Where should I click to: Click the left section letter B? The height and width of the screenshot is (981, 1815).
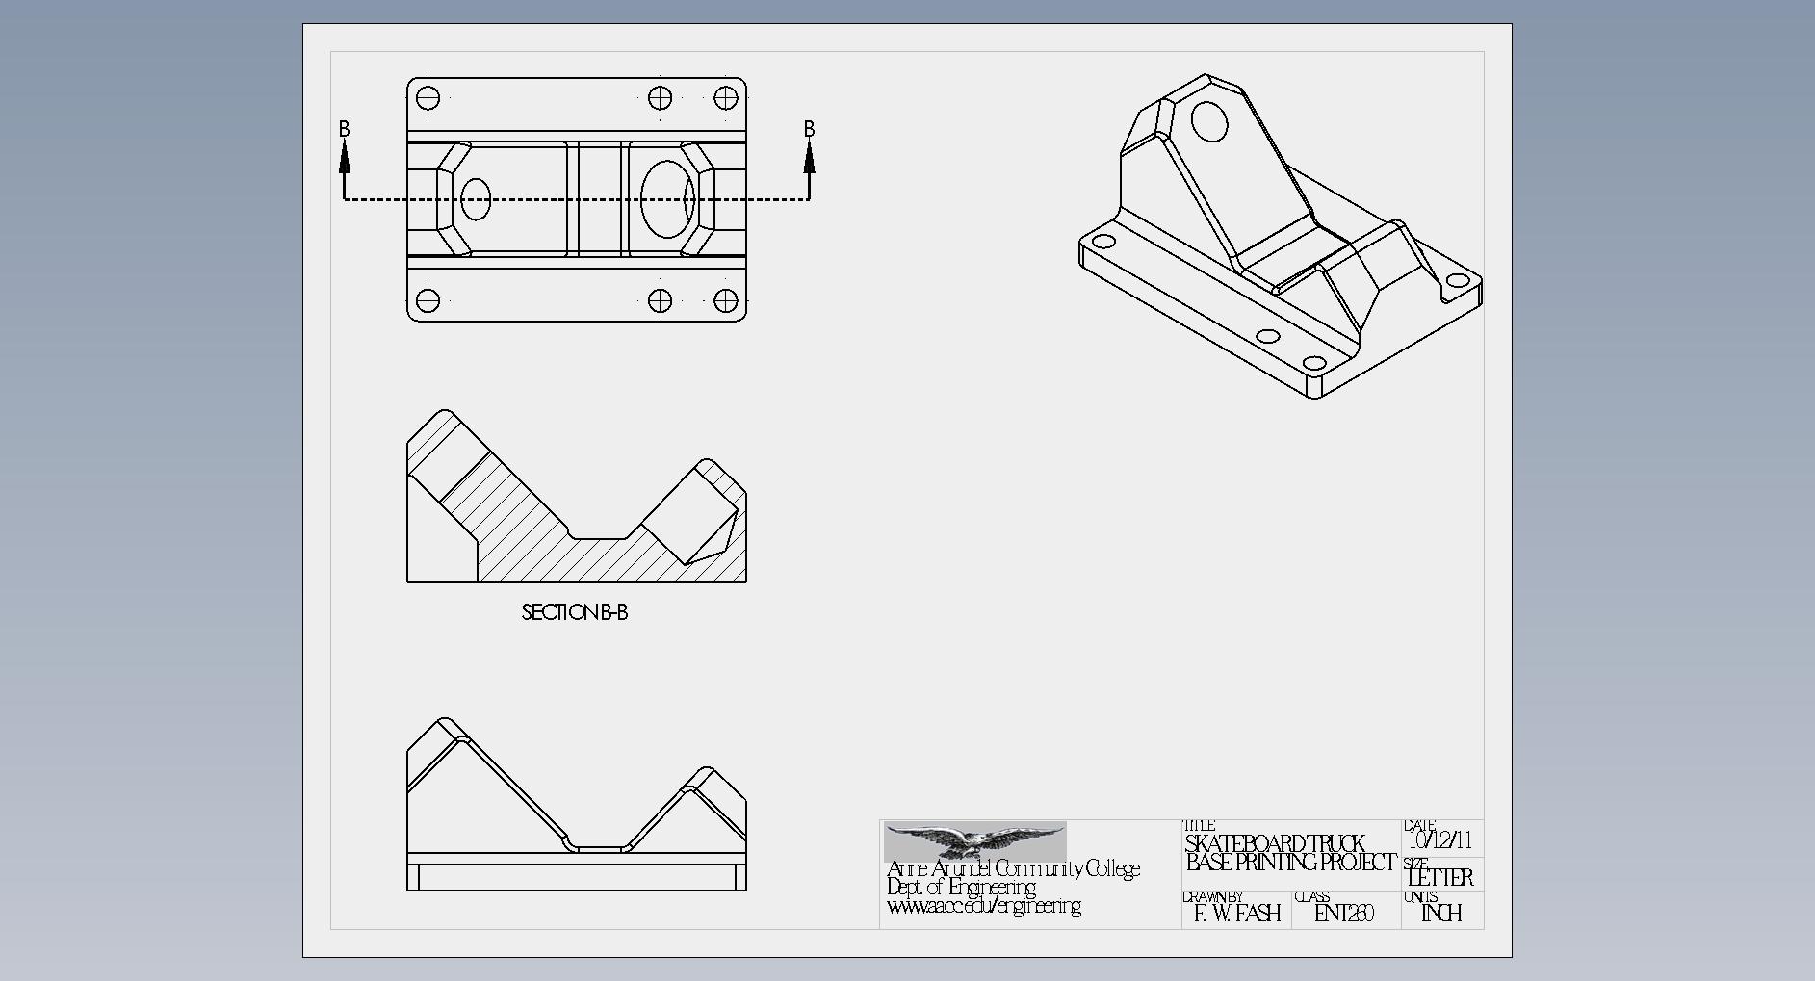pyautogui.click(x=345, y=129)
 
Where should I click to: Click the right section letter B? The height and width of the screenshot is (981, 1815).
pyautogui.click(x=809, y=129)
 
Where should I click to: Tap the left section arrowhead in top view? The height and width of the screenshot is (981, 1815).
pyautogui.click(x=345, y=157)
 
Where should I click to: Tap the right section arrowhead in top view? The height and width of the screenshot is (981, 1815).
pyautogui.click(x=809, y=157)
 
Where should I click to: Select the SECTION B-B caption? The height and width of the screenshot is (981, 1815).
pyautogui.click(x=574, y=612)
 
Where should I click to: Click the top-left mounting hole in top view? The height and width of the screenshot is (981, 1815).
pyautogui.click(x=428, y=97)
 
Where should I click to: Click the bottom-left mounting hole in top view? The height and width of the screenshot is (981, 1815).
pyautogui.click(x=428, y=300)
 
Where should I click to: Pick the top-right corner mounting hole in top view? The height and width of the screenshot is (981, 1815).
pyautogui.click(x=727, y=97)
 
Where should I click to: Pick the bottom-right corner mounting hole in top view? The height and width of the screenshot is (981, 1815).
pyautogui.click(x=727, y=300)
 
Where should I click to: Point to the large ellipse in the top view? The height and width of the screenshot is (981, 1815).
pyautogui.click(x=666, y=199)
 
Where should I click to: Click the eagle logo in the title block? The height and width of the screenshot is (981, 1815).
pyautogui.click(x=974, y=840)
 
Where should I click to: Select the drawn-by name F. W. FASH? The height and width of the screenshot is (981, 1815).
pyautogui.click(x=1237, y=913)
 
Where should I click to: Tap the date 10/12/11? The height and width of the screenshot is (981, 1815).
pyautogui.click(x=1441, y=839)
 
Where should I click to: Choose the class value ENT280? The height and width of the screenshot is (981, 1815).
pyautogui.click(x=1344, y=913)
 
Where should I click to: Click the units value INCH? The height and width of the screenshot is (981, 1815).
pyautogui.click(x=1441, y=913)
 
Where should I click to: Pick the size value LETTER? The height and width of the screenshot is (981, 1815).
pyautogui.click(x=1440, y=877)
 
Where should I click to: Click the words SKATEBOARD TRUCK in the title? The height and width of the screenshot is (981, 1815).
pyautogui.click(x=1275, y=843)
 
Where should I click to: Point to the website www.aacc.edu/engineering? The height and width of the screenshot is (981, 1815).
pyautogui.click(x=983, y=906)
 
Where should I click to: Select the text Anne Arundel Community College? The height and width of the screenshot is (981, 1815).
pyautogui.click(x=1013, y=868)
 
